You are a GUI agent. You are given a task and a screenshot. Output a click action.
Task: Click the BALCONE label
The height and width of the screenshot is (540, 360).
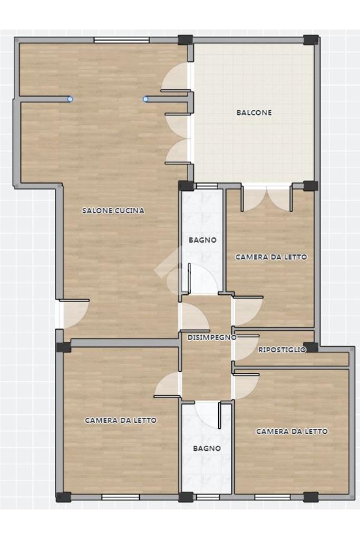click(254, 113)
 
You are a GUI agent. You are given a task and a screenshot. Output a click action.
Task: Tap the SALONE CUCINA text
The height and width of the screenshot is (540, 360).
click(113, 210)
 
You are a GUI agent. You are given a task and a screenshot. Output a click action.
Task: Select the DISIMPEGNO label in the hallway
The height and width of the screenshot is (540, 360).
click(212, 337)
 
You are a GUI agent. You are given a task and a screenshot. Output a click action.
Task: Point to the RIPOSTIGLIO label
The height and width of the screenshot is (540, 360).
click(282, 350)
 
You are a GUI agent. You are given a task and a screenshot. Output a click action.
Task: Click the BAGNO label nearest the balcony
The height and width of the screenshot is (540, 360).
click(203, 240)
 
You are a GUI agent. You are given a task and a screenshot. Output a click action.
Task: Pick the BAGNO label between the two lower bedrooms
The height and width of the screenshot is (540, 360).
click(207, 448)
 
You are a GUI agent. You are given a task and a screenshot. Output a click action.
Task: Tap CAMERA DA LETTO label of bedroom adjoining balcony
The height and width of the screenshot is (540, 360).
click(271, 257)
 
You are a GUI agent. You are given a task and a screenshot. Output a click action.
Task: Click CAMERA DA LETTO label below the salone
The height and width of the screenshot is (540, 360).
click(121, 420)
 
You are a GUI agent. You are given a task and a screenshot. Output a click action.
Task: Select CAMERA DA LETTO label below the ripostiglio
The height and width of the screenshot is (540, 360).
click(292, 431)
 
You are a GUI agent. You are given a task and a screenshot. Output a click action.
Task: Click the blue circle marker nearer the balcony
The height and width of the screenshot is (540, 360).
click(145, 99)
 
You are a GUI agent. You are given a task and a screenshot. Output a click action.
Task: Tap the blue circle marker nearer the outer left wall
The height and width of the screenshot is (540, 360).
click(70, 99)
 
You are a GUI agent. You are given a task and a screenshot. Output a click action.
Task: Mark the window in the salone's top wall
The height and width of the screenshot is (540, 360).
click(121, 40)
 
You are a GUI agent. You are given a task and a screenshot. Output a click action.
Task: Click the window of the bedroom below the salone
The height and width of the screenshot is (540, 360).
click(121, 497)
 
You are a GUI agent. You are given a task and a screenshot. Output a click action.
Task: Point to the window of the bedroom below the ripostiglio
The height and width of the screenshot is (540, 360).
click(272, 497)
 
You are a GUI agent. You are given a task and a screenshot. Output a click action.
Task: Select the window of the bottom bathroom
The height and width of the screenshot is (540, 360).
click(208, 497)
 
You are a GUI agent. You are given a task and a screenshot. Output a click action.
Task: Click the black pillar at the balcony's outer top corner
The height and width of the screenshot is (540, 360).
click(311, 40)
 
